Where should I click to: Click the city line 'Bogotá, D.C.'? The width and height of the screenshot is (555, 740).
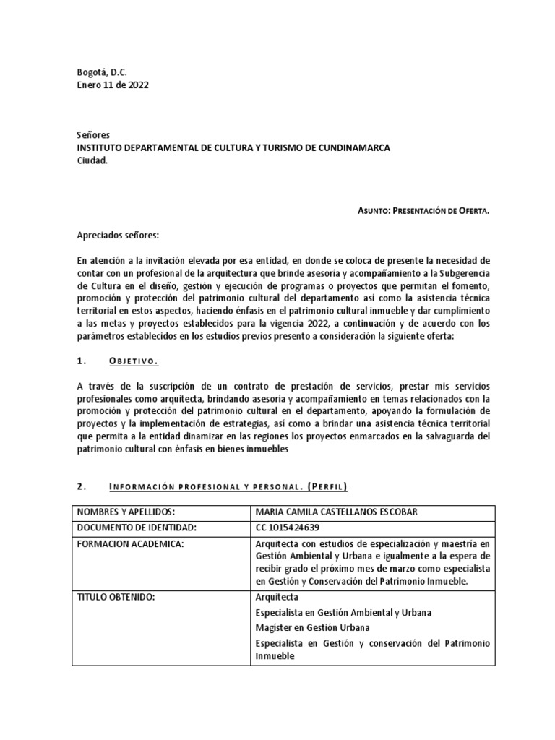point(101,72)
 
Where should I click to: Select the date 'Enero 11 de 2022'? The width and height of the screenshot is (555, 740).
point(113,85)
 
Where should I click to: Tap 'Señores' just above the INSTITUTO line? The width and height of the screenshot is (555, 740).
point(94,135)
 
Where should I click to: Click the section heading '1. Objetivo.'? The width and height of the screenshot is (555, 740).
point(119,362)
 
